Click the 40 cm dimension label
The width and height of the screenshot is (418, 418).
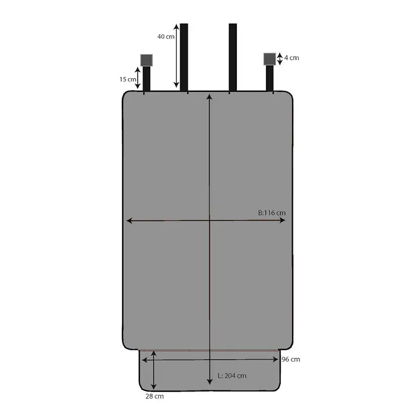tap(166, 36)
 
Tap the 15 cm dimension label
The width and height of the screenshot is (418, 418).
tap(128, 79)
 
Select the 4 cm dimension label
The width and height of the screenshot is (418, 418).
tap(292, 58)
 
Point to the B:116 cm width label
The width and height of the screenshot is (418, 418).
tap(272, 213)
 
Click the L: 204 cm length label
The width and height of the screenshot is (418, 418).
tap(232, 376)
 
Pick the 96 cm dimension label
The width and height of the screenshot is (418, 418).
tap(291, 359)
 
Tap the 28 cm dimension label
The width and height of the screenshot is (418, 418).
tap(154, 396)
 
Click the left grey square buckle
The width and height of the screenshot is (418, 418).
tap(146, 60)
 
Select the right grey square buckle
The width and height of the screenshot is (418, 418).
tap(270, 59)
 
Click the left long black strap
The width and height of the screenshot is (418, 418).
tap(184, 58)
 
